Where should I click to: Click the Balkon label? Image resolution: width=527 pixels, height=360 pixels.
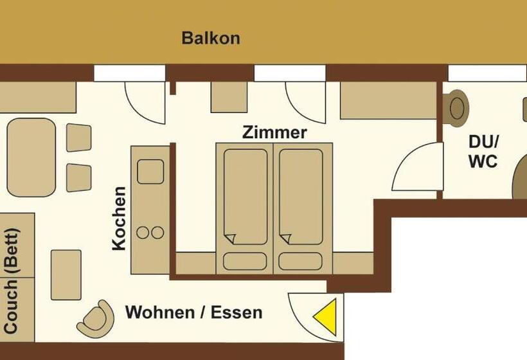point(211,38)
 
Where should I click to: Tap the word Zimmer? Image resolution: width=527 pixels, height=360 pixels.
point(274,132)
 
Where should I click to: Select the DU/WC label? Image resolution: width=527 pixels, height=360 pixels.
point(483,152)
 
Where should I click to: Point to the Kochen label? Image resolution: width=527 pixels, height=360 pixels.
point(119,219)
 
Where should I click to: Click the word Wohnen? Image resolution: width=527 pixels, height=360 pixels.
point(159,312)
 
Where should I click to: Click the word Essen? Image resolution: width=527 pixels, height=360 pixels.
point(237,312)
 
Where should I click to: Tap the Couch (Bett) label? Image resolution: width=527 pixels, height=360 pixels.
point(11,281)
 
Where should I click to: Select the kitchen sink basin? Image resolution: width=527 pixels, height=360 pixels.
point(150,172)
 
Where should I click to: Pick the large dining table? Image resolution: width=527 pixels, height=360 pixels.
point(31,157)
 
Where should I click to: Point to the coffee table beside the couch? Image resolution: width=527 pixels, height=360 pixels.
point(66,275)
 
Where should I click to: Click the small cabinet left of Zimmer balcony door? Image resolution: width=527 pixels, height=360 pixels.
point(229,97)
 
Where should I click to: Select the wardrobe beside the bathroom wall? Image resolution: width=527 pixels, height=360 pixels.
point(388,100)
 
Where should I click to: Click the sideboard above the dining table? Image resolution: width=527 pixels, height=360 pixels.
point(38,97)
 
